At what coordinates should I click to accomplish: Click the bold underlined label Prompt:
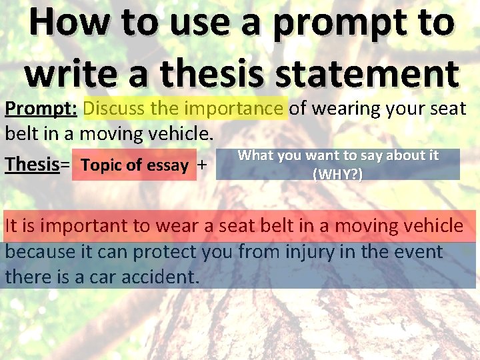pyautogui.click(x=41, y=107)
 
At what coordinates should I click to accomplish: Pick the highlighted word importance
pyautogui.click(x=234, y=107)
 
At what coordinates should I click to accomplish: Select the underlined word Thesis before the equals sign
pyautogui.click(x=31, y=164)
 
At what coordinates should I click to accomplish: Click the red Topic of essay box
pyautogui.click(x=134, y=165)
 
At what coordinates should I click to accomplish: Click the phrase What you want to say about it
pyautogui.click(x=338, y=155)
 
